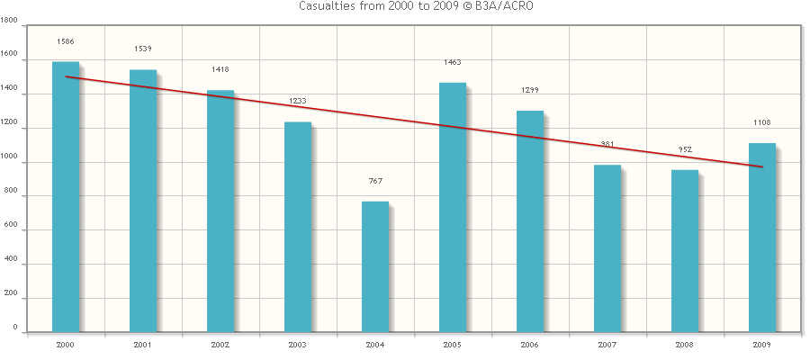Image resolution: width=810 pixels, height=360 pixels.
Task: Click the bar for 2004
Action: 375,266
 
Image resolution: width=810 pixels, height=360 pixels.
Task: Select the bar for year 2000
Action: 66,196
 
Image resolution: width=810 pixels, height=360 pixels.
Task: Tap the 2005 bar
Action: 453,207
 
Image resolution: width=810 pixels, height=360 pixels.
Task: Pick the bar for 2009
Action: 762,238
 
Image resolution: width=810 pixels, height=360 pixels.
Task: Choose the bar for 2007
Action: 607,248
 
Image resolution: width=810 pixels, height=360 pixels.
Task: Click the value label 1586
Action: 66,41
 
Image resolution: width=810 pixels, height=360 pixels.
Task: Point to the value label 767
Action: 375,181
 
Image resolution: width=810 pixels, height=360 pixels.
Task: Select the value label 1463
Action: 453,62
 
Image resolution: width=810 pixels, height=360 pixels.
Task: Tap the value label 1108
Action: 762,122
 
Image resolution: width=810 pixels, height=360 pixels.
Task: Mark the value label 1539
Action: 143,49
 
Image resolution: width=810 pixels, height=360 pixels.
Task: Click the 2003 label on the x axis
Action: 298,345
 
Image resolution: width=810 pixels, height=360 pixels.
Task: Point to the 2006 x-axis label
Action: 530,345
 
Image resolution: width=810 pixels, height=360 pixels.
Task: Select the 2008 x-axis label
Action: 685,345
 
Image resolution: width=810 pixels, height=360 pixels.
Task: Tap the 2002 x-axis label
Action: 220,345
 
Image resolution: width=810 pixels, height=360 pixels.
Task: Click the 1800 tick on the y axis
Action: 10,27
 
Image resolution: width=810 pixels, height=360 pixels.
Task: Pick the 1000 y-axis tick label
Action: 10,162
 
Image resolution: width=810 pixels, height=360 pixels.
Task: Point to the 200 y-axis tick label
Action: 12,297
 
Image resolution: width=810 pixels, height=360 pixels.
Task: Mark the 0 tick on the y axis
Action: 17,331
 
